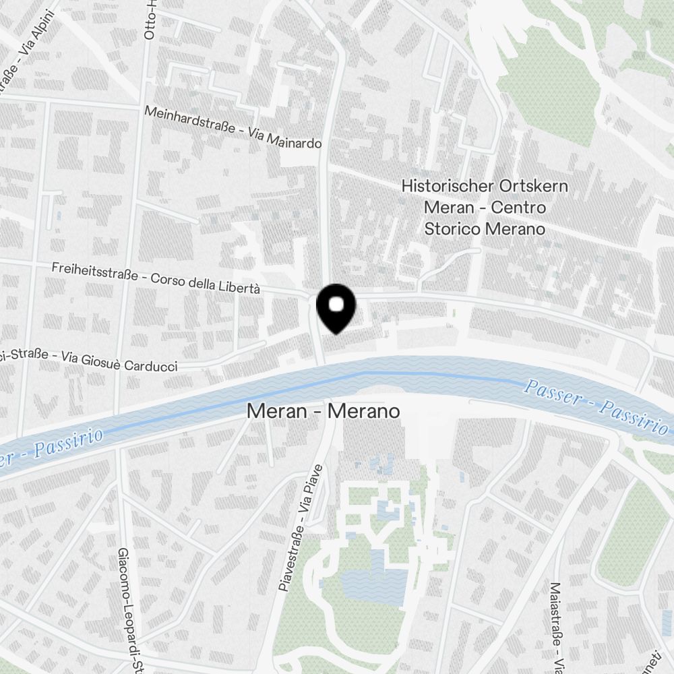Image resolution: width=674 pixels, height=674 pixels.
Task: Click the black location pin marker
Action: pyautogui.click(x=336, y=307)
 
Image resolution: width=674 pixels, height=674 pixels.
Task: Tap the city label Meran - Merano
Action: pyautogui.click(x=323, y=410)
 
